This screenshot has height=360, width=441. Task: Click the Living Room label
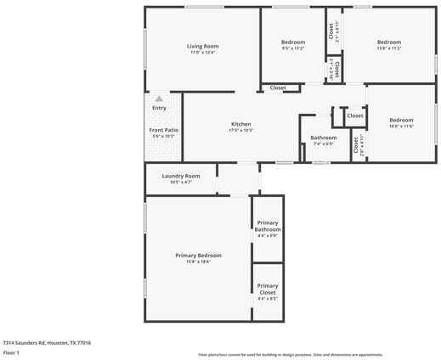click(203, 46)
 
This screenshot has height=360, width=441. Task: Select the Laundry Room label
click(180, 176)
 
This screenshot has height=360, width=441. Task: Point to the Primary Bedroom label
click(198, 256)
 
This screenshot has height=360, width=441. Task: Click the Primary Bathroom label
click(268, 226)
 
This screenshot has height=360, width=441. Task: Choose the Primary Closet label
click(268, 289)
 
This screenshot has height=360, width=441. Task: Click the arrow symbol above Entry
click(159, 99)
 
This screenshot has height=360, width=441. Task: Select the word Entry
click(159, 108)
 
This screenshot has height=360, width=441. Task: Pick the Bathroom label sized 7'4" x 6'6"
click(323, 138)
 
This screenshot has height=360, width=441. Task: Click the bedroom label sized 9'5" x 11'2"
click(293, 42)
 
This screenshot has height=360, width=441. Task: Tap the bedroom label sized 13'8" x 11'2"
click(389, 42)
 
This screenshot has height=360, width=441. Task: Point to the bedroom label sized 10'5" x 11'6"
click(401, 120)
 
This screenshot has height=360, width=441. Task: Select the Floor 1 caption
click(11, 352)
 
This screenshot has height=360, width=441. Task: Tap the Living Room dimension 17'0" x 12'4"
click(203, 53)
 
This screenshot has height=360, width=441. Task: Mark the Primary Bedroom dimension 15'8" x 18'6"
click(198, 262)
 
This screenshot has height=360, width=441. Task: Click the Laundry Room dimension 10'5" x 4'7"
click(180, 182)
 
